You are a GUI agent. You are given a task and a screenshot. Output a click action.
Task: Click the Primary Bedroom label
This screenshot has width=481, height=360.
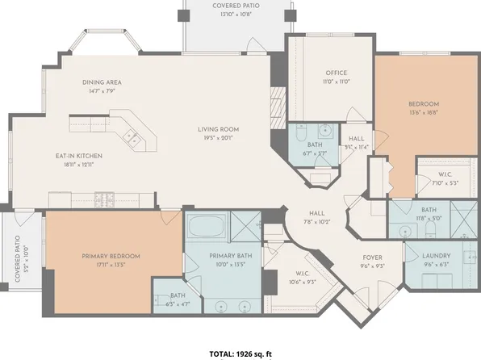coord(111,256)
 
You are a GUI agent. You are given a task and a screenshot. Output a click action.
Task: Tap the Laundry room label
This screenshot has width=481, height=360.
coord(436,256)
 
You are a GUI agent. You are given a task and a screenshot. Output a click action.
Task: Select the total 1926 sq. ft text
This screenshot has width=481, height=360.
coord(240,354)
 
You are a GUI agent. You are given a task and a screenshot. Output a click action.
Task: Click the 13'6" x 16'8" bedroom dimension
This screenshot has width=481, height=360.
coord(423,114)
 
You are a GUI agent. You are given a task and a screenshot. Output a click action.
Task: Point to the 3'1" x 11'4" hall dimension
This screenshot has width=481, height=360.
coord(355,147)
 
